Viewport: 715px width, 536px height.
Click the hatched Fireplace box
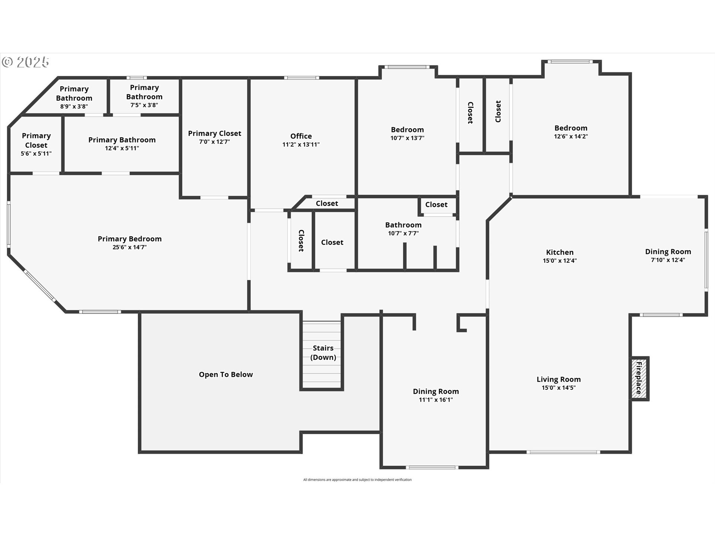point(639,379)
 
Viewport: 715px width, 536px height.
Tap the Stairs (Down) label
point(323,352)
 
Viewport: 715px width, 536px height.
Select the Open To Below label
point(226,374)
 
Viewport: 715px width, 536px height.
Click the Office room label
point(301,136)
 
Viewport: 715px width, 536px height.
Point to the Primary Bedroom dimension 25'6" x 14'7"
point(130,247)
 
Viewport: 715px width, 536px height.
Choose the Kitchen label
point(560,252)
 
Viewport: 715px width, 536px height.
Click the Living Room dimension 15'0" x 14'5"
point(559,387)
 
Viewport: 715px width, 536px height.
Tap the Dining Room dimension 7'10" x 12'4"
point(668,260)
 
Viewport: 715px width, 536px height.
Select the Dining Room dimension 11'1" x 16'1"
point(436,400)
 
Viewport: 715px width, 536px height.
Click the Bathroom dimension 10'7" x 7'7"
point(403,233)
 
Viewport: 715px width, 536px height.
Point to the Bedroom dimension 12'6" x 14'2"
point(571,136)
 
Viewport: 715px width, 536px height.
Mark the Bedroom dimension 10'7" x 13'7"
point(407,138)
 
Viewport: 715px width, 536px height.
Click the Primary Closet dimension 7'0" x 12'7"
point(214,141)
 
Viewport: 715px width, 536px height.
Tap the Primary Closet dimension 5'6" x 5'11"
point(36,153)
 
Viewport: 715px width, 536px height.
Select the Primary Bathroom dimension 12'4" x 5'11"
point(122,148)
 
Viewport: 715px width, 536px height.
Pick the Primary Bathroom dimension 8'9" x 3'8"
point(74,106)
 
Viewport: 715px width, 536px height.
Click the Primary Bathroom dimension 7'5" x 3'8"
point(144,105)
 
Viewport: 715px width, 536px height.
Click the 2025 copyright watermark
point(25,62)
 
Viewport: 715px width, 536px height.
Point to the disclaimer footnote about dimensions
point(357,480)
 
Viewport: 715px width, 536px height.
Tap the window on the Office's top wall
point(302,78)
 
